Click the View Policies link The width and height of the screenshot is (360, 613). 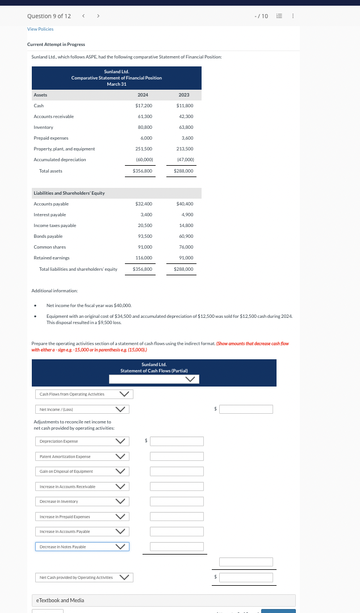(40, 29)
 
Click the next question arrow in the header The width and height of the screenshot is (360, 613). (98, 16)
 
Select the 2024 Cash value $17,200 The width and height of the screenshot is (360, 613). (143, 106)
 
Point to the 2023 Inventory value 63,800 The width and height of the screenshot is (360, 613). (185, 127)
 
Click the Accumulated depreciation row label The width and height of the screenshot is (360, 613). (60, 159)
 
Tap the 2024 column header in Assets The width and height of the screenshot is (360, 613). (143, 95)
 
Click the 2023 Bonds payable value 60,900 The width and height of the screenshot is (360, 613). (185, 236)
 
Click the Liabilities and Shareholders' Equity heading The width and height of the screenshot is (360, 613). (69, 193)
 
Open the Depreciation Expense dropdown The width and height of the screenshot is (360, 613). (82, 441)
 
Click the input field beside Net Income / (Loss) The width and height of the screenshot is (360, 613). (246, 409)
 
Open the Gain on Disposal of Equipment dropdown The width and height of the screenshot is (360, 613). (82, 471)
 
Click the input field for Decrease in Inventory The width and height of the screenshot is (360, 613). (177, 501)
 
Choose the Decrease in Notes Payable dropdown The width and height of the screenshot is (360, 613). (82, 547)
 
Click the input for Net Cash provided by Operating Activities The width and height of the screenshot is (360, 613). (246, 577)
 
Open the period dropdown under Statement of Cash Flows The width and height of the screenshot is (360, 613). (153, 379)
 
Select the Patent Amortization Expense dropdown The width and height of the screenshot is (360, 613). (82, 456)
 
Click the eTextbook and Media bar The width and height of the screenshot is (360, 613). (164, 600)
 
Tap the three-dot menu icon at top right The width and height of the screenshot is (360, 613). (292, 16)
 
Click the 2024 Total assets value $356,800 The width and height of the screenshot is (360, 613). (143, 171)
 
